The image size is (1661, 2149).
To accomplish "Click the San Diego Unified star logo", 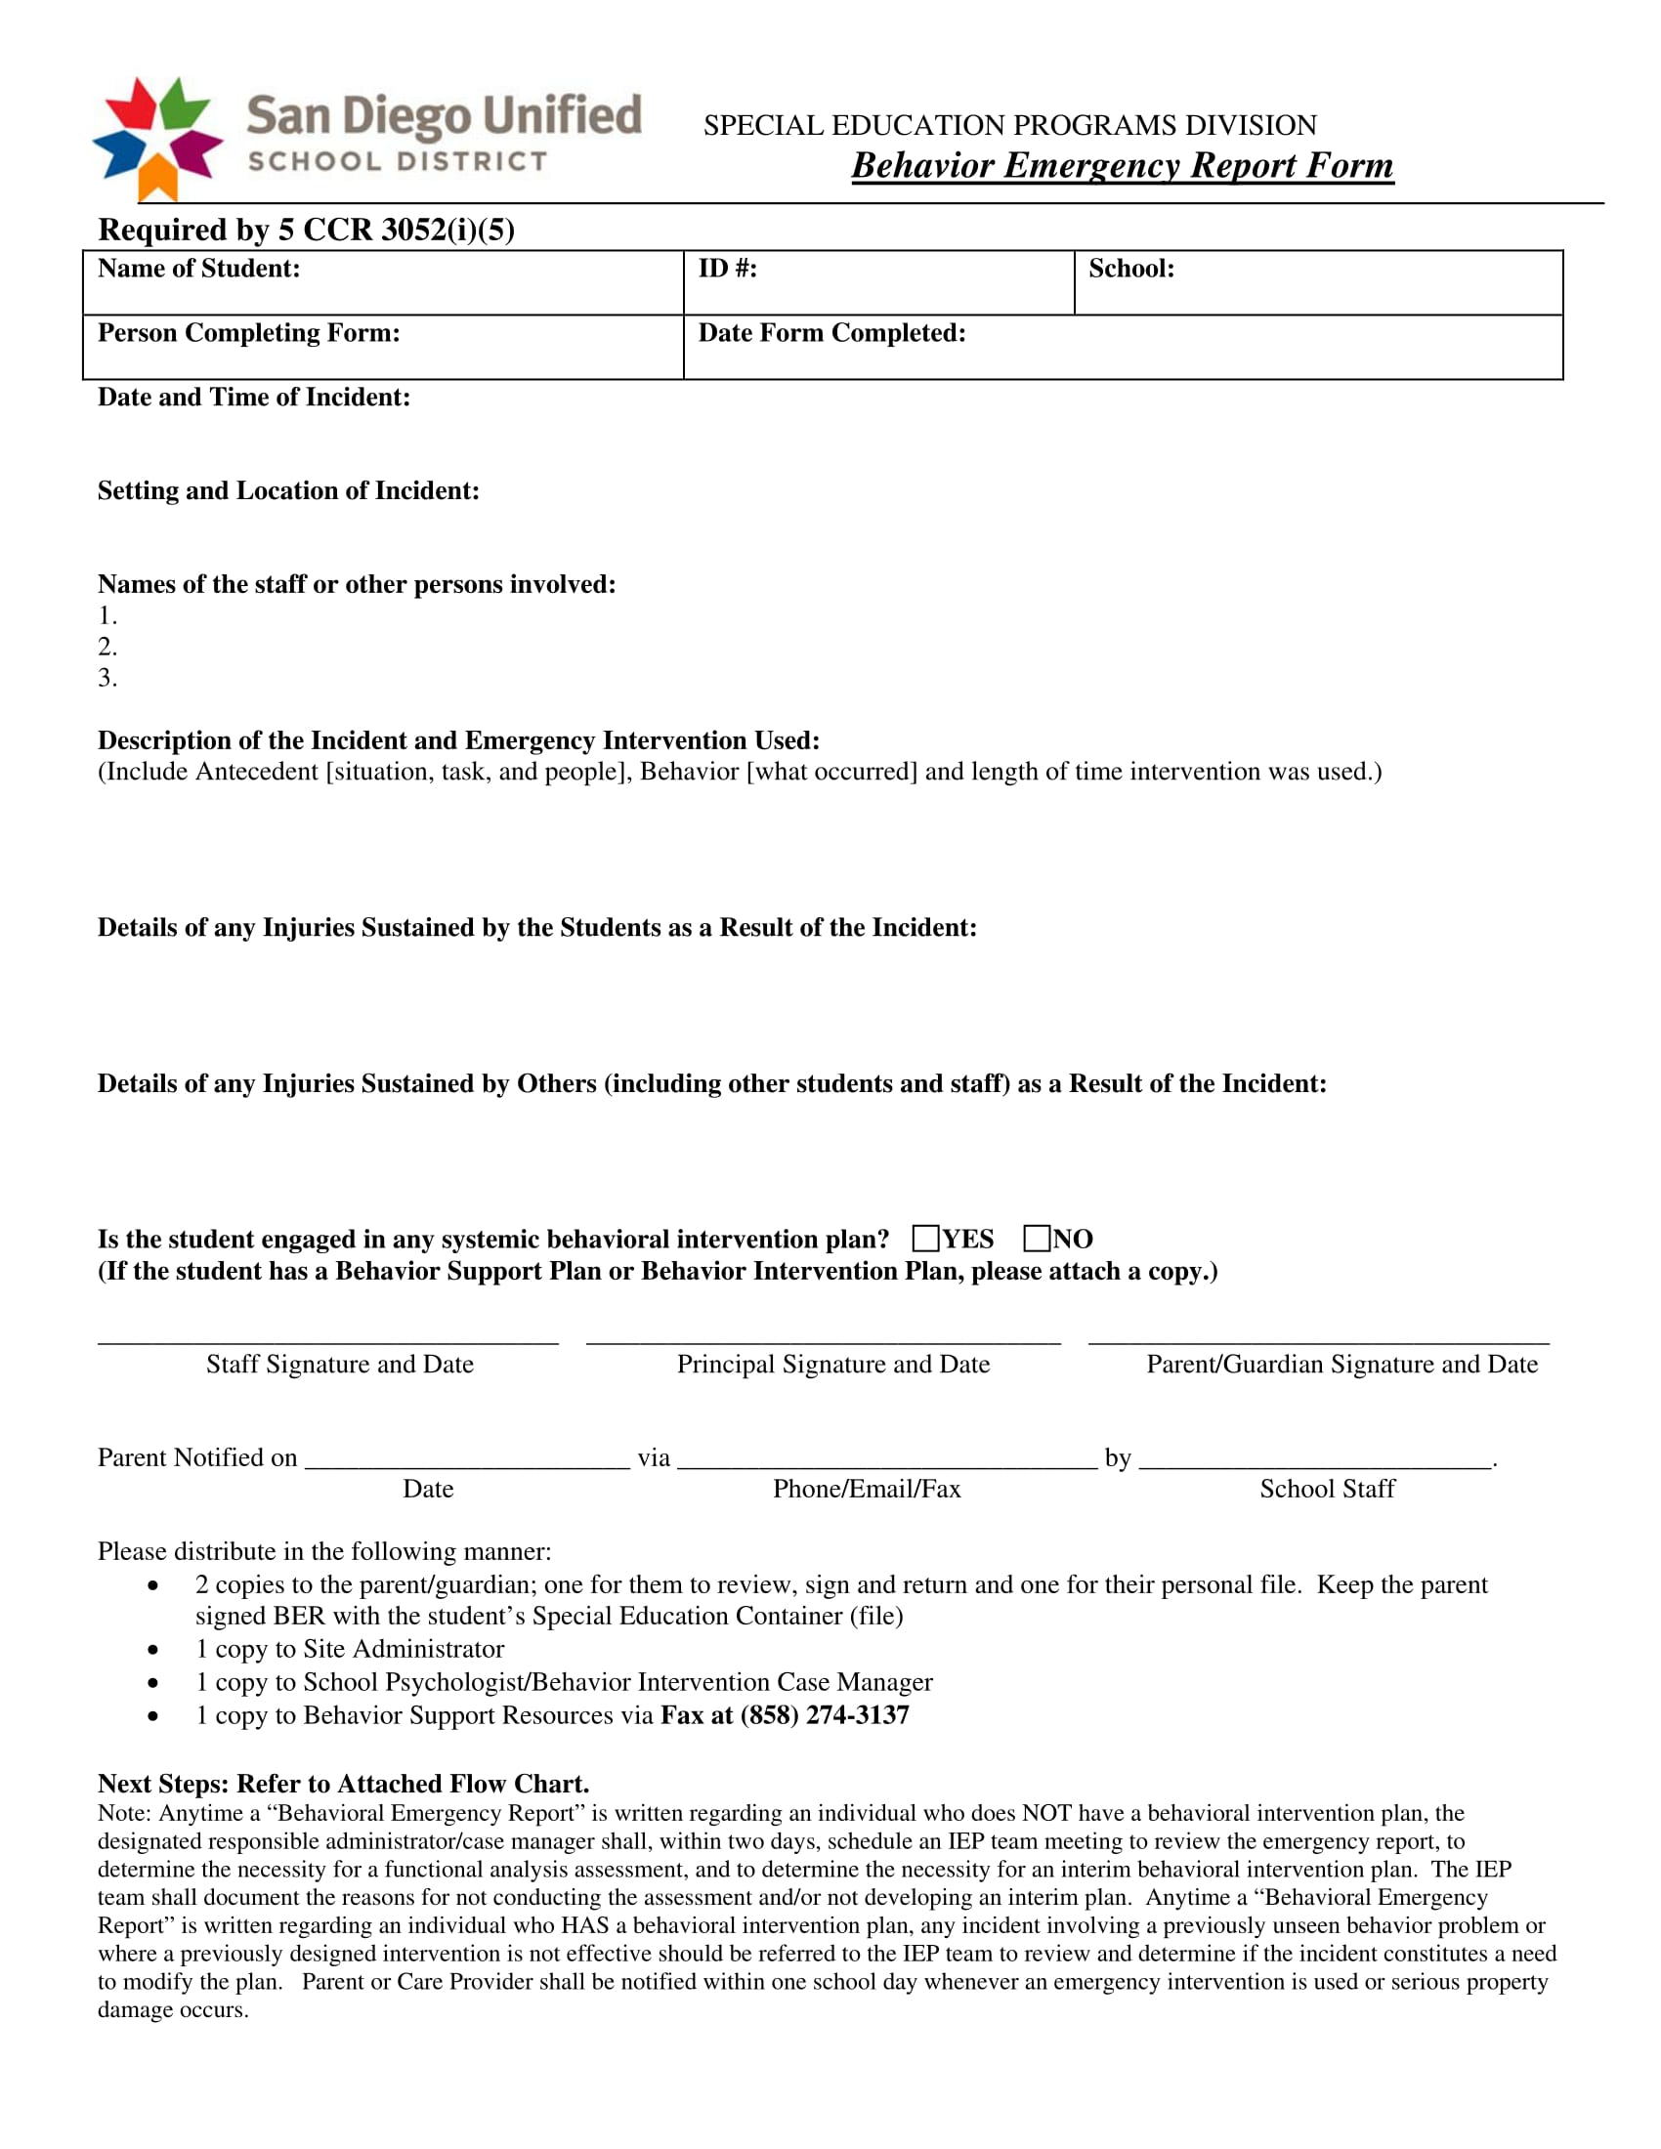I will [157, 138].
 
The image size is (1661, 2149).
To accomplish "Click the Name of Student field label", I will [198, 269].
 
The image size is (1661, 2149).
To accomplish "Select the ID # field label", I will [727, 269].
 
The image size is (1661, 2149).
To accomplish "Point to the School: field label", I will [1130, 269].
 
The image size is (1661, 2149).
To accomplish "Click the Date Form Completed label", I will [831, 332].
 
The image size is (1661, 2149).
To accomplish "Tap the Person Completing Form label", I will [249, 332].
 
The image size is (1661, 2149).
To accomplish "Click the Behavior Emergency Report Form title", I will [1122, 165].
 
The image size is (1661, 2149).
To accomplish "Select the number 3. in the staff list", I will [107, 677].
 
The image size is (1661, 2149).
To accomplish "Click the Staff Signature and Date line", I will [327, 1340].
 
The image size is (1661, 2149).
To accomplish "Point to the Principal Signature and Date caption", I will [832, 1364].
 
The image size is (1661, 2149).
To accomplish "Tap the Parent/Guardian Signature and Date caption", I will [1342, 1364].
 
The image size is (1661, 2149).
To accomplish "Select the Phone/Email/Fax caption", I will [866, 1489].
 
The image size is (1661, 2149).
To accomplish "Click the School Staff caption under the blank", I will [1327, 1489].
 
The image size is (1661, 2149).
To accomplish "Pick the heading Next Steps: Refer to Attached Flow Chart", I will [343, 1784].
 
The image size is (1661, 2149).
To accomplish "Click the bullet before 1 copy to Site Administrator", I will [152, 1649].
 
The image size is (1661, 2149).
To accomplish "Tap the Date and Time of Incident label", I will [254, 397].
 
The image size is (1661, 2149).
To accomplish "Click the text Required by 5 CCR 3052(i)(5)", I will [306, 230].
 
